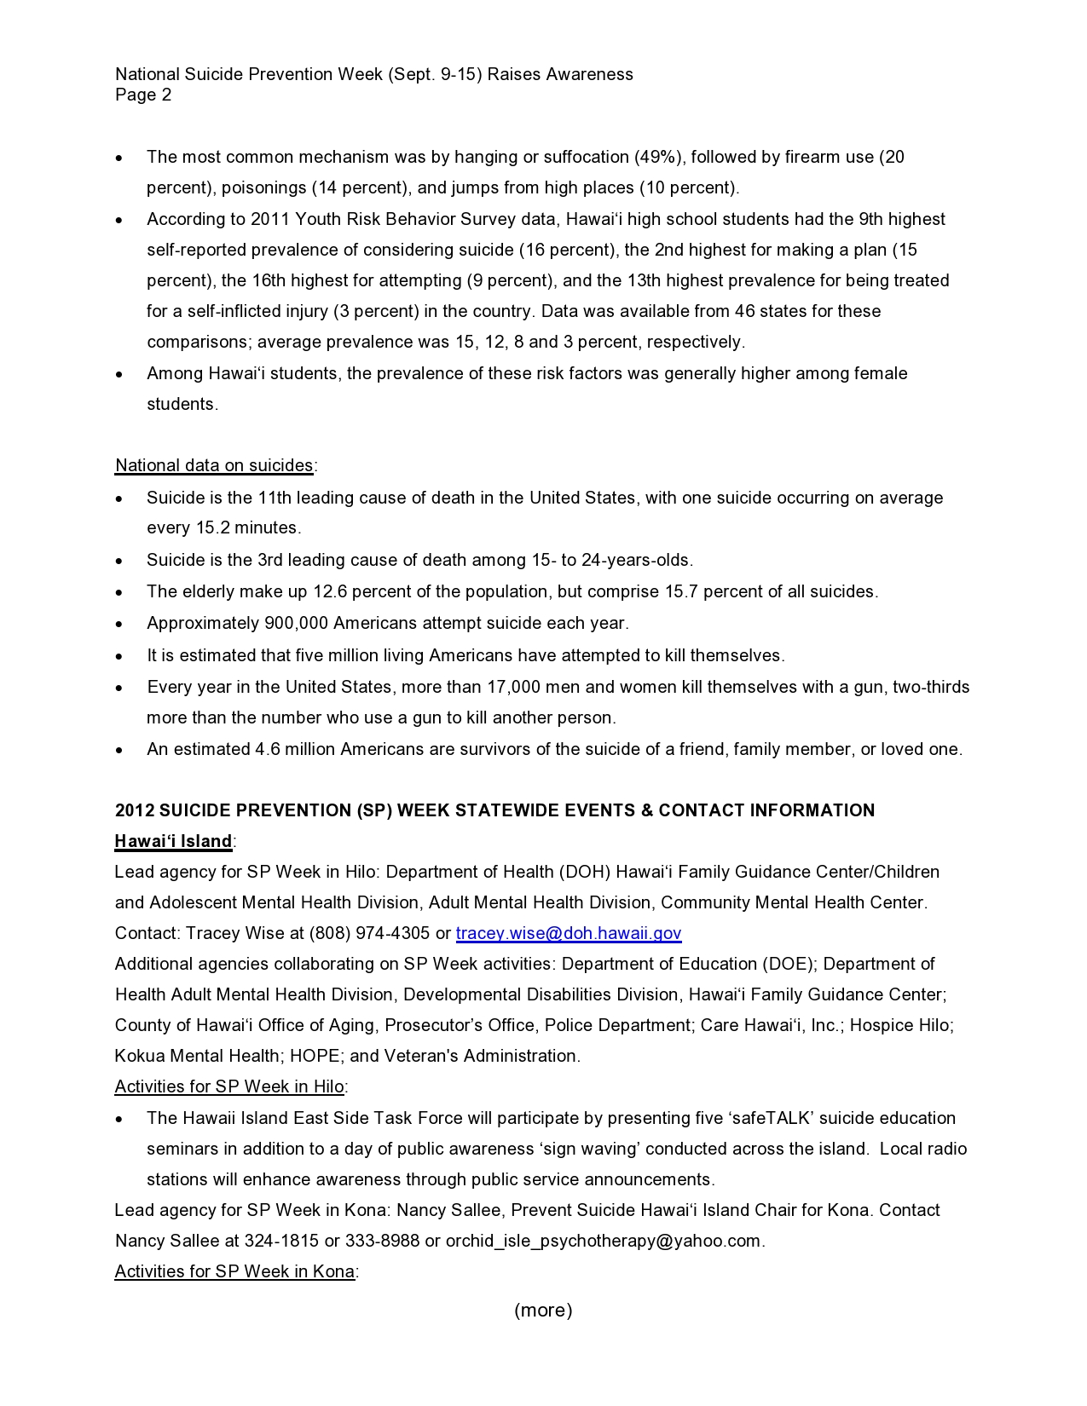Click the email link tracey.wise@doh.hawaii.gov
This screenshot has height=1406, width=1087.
569,933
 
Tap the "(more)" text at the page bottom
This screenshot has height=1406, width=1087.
543,1310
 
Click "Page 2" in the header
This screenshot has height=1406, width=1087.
143,95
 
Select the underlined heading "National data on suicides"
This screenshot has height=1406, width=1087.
214,465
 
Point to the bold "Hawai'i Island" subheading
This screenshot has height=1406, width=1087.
173,841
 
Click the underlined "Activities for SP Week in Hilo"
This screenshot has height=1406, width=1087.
229,1086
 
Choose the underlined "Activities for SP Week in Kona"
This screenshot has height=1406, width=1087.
234,1271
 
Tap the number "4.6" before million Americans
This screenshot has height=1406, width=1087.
268,749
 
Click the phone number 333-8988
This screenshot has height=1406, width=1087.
383,1241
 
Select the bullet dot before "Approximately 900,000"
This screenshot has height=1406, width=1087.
120,625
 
